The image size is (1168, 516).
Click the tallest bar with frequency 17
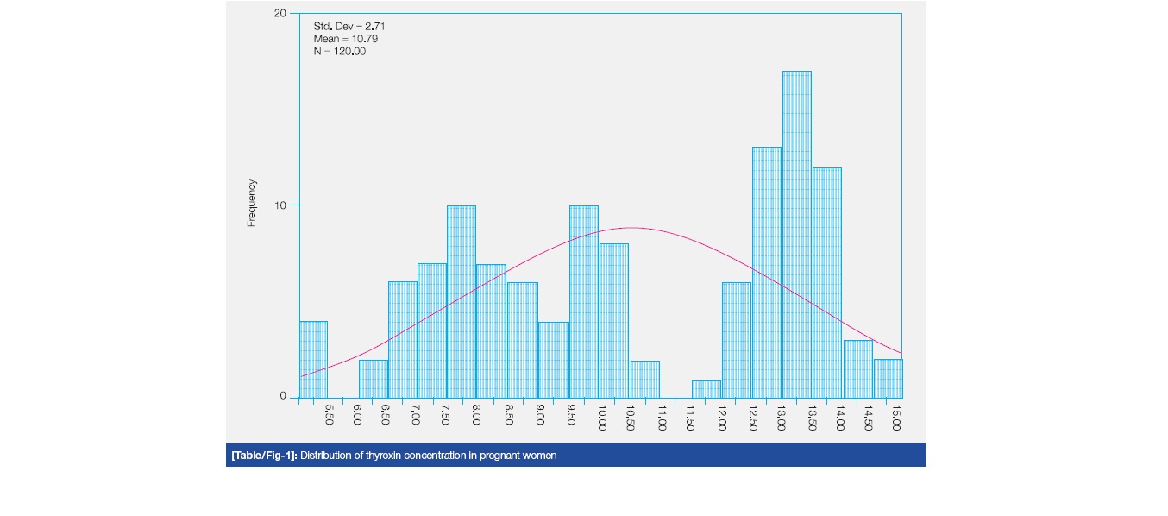(796, 234)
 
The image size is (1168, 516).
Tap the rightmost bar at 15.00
(888, 378)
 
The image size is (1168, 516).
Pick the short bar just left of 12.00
(706, 388)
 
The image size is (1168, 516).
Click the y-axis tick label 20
(280, 14)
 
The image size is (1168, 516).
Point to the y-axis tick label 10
(280, 205)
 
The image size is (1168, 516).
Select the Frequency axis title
(252, 203)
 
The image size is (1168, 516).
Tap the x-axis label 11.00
(662, 418)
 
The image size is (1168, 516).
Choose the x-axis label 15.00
(898, 418)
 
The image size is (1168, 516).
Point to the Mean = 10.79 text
(345, 39)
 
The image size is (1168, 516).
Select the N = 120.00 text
(340, 51)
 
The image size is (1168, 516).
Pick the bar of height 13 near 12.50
(766, 272)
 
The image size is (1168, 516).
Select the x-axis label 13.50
(812, 418)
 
